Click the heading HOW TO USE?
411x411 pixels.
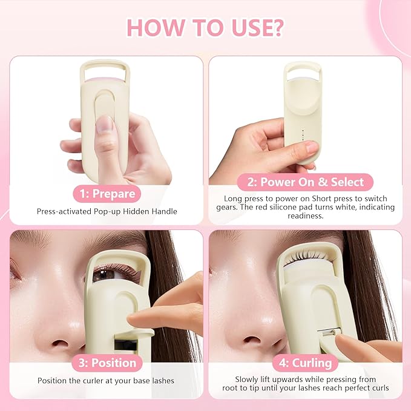pyautogui.click(x=205, y=28)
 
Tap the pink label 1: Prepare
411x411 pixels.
pyautogui.click(x=107, y=194)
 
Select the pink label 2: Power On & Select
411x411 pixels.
pyautogui.click(x=305, y=182)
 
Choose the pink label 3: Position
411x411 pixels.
pyautogui.click(x=107, y=363)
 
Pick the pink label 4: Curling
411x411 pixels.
pyautogui.click(x=305, y=363)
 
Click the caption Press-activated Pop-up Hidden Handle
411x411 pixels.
pyautogui.click(x=107, y=212)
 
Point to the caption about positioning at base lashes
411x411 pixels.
pyautogui.click(x=107, y=381)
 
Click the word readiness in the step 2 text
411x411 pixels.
pyautogui.click(x=305, y=215)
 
